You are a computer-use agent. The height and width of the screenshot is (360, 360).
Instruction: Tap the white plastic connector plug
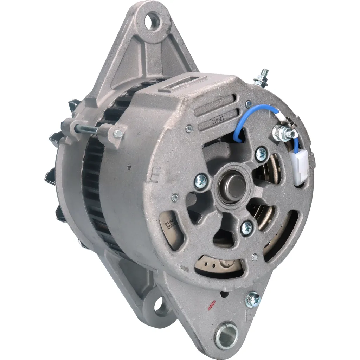(300, 169)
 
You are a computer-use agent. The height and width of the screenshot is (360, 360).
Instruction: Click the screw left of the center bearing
(201, 181)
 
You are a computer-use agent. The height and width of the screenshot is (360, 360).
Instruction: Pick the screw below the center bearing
(247, 228)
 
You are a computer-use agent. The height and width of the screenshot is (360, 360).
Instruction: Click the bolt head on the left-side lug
(118, 134)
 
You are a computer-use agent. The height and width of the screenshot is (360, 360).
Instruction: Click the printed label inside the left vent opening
(169, 225)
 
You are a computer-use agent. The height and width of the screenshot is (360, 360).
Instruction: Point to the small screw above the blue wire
(249, 103)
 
